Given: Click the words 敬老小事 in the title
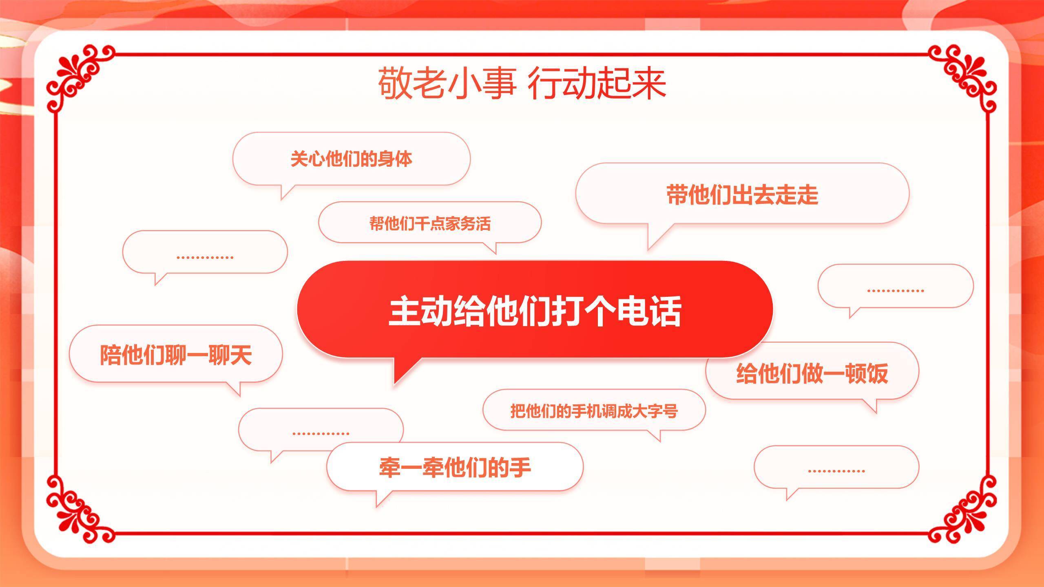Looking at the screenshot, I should pos(447,84).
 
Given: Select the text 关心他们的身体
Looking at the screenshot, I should pos(351,159).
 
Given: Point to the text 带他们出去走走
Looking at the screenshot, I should pos(742,194).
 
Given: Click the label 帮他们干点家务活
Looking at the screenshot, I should pos(430,223).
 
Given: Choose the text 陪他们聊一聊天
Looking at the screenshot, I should pos(176,355).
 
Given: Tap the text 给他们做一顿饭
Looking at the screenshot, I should pos(812,373).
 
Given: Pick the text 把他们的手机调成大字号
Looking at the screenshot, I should pos(594,411).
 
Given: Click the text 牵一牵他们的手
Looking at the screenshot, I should pos(455,467).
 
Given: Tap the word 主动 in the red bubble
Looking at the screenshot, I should pos(420,311).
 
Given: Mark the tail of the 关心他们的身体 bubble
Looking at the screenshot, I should pos(285,192).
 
